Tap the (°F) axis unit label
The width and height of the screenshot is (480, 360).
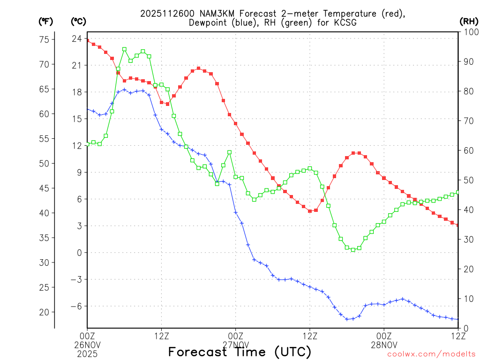pos(46,21)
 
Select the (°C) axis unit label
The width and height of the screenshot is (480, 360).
pos(78,21)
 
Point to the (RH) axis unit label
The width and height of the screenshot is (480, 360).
pos(469,21)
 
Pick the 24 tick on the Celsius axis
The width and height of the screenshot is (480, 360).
pos(77,38)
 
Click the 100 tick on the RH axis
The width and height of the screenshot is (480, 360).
pos(469,32)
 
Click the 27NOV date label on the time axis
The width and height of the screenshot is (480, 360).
pos(235,345)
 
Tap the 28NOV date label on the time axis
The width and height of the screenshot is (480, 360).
pos(384,345)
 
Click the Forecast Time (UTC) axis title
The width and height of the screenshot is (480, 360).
pos(240,352)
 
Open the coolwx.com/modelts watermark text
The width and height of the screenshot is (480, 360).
pos(431,354)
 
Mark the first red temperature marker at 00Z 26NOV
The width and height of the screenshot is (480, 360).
pos(87,41)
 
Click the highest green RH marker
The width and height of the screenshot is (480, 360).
pos(124,49)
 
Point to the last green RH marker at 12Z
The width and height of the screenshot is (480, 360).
pos(457,192)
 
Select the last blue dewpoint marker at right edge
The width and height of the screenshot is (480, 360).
pos(457,319)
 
